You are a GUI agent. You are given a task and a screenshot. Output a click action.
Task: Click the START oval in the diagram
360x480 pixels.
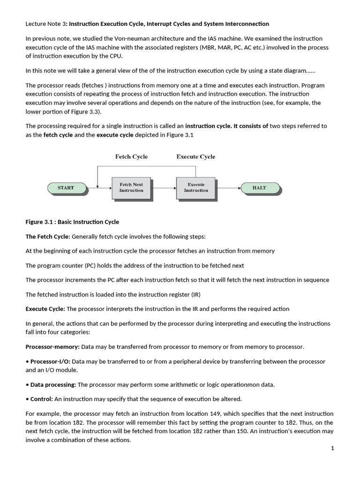coord(66,188)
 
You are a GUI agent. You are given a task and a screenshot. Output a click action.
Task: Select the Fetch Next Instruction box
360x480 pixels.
coord(131,187)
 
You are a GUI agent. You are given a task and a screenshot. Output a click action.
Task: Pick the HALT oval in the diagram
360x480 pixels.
coord(259,188)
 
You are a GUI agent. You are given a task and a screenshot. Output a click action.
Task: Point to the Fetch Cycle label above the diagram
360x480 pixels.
coord(131,157)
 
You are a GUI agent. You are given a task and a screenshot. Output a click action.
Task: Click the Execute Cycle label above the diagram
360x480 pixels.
coord(196,157)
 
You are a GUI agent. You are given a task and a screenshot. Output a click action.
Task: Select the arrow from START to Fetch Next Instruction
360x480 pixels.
coord(99,188)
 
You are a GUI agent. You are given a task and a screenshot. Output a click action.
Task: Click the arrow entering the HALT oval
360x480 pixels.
coord(228,188)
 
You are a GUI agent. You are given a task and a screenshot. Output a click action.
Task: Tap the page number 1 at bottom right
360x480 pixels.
coord(332,449)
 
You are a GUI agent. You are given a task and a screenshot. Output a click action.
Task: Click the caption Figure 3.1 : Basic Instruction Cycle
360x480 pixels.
coord(72,222)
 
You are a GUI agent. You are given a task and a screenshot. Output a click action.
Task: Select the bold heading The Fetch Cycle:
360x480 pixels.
coord(48,237)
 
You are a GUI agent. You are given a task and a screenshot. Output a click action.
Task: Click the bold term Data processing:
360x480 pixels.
coord(53,385)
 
